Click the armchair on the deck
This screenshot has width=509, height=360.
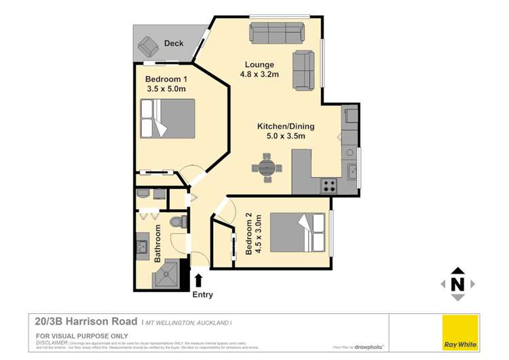point(147,47)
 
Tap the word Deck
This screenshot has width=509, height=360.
point(174,43)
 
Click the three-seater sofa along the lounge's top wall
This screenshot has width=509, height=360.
point(278,32)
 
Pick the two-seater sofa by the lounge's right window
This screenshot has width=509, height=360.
point(304,71)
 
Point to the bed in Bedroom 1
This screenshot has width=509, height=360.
point(167,119)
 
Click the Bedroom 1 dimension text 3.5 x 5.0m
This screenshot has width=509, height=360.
point(166,88)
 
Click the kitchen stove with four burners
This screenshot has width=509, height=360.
point(329,185)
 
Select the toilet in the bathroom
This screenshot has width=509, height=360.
point(178,221)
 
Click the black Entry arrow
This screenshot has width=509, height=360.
point(199,280)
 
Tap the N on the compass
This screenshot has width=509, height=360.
point(457,284)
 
